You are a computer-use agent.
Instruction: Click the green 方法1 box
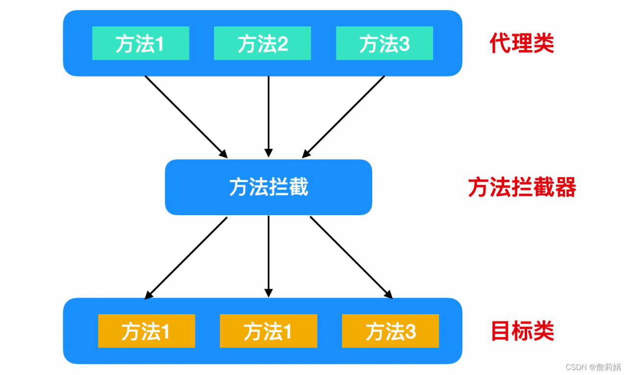(141, 44)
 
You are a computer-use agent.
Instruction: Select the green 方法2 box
(262, 44)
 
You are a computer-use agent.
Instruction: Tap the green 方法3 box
(384, 44)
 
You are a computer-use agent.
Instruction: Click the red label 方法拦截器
(522, 187)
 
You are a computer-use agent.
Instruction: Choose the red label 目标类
(522, 331)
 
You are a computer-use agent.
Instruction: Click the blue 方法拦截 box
(268, 187)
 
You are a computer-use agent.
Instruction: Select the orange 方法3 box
(390, 331)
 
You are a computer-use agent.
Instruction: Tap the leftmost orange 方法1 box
(146, 331)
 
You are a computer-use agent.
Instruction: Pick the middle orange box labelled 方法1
(268, 331)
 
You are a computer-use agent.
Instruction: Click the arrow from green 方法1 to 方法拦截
(186, 117)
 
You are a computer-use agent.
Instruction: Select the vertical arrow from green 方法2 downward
(268, 117)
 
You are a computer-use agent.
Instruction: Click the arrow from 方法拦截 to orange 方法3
(351, 257)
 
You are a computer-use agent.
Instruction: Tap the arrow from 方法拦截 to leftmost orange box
(187, 257)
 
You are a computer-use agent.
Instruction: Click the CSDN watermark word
(576, 367)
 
